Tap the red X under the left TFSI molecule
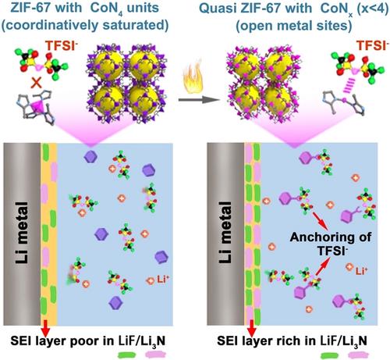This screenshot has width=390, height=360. coord(36,84)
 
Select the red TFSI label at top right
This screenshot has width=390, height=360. coord(372,46)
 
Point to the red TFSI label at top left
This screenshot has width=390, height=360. coord(62,45)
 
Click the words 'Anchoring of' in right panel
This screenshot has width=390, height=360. coord(331,237)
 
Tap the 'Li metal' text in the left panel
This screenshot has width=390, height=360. coord(22,233)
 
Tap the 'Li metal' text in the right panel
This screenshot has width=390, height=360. coord(225,233)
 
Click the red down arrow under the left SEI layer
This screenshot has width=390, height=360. coord(46,329)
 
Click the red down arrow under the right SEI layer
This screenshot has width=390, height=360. coord(252,329)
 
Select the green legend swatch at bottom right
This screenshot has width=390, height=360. coord(330,355)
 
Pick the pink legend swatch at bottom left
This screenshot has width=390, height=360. coord(155,355)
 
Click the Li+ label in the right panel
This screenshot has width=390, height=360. coord(361,272)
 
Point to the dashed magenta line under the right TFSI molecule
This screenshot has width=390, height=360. coord(348,86)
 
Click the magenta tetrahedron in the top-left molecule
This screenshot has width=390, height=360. coord(38,107)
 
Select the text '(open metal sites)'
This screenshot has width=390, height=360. coord(293,26)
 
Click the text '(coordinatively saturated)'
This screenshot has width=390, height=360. coord(85,25)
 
